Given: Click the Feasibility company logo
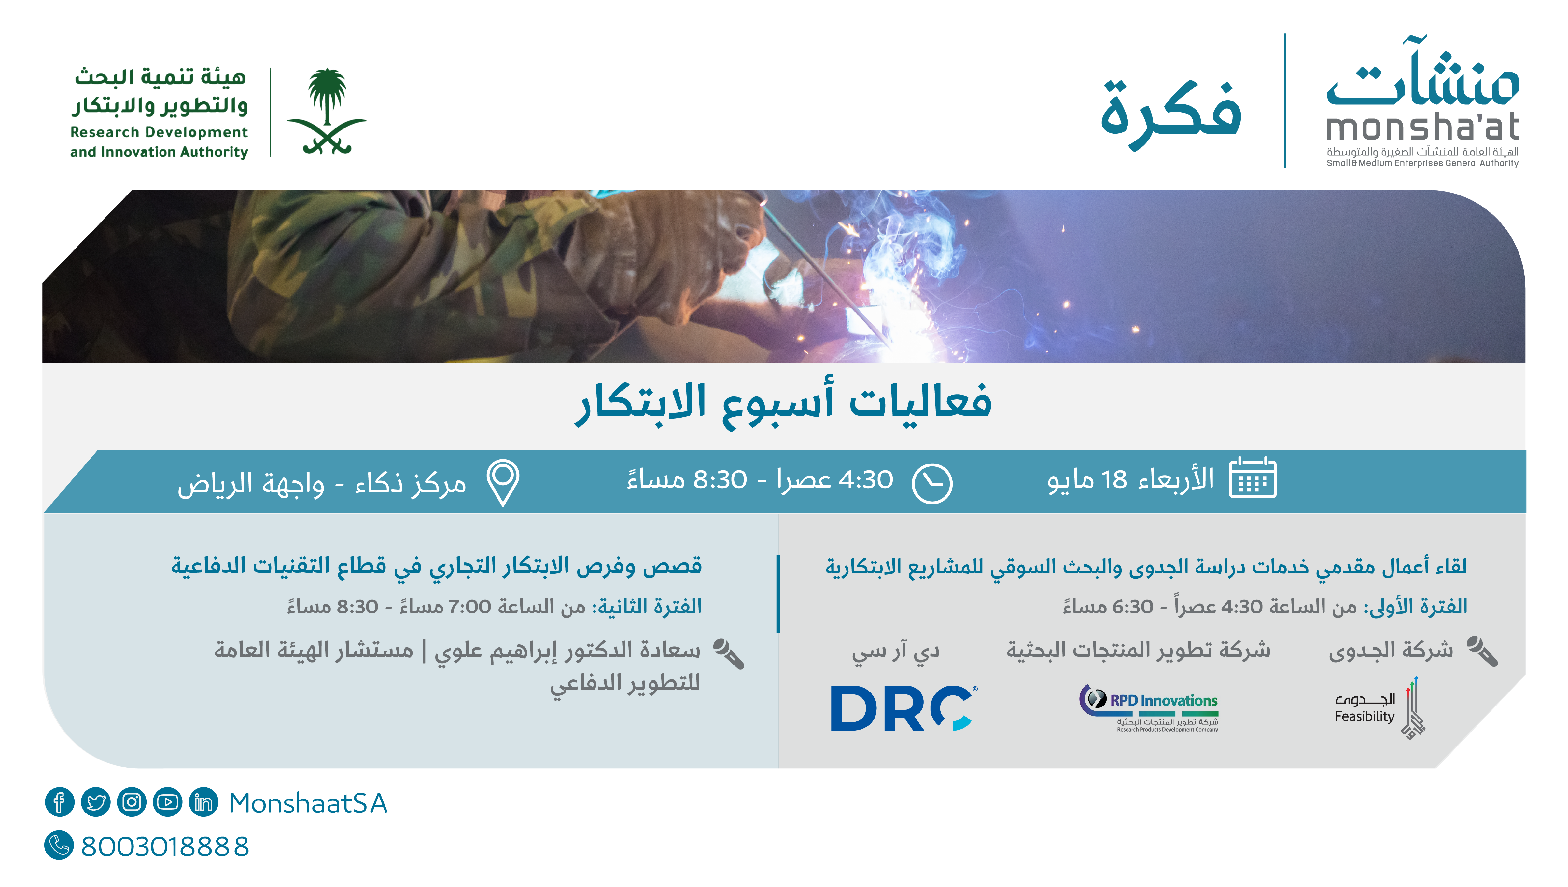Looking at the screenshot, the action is [x=1379, y=707].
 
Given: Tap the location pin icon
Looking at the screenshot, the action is [x=503, y=482].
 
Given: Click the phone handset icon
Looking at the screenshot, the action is [x=59, y=846].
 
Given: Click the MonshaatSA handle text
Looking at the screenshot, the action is [x=308, y=803].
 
